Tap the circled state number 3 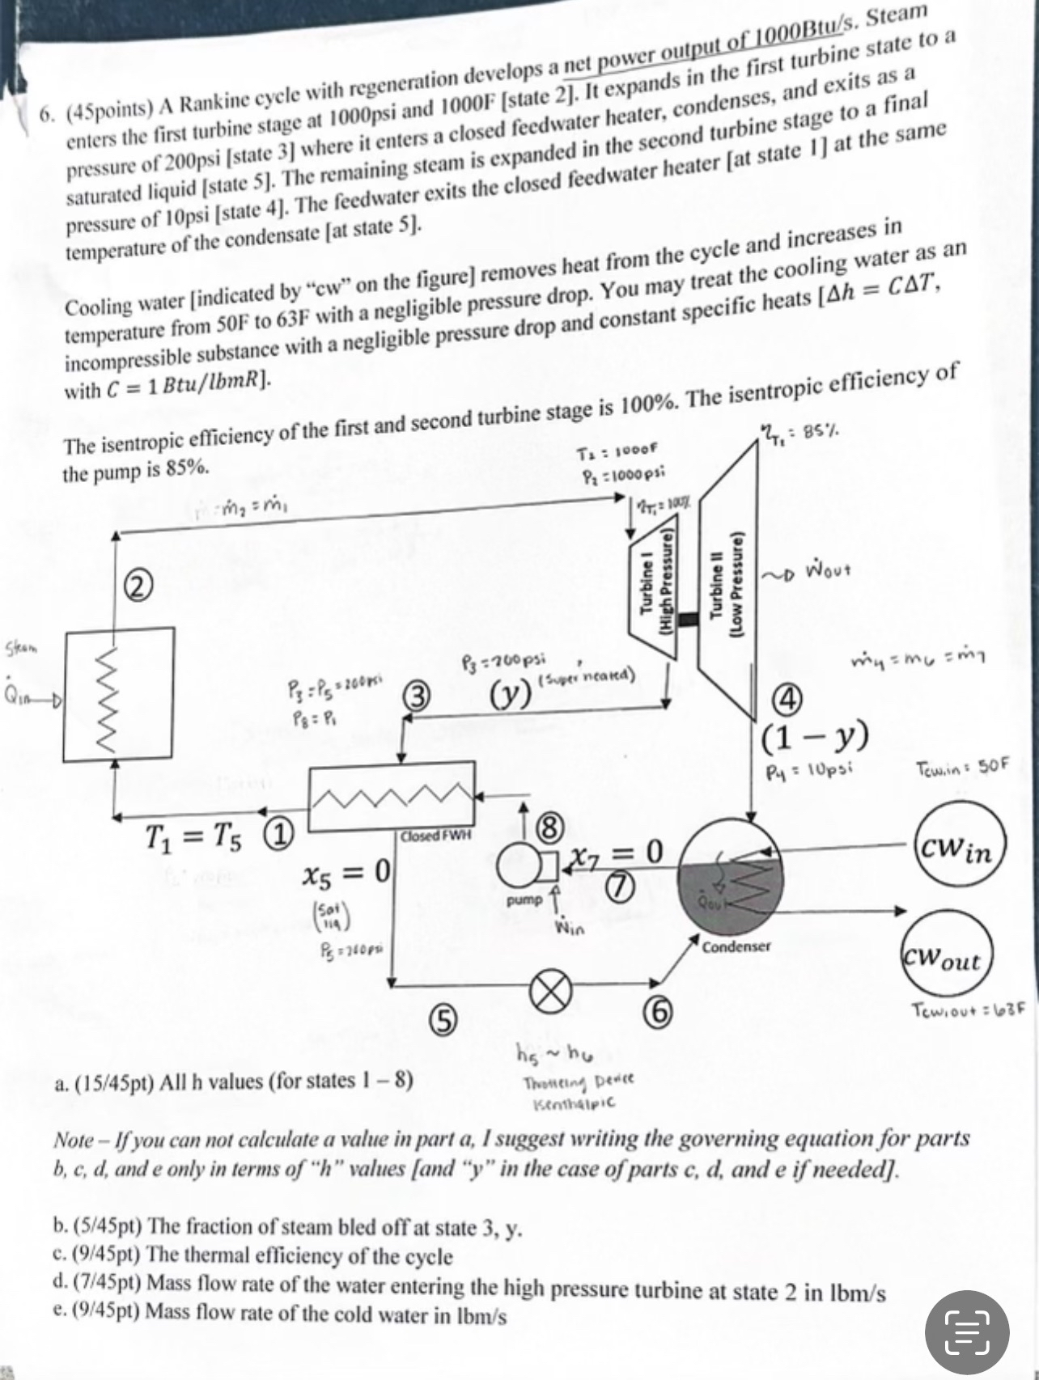coord(418,696)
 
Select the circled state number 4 coord(789,699)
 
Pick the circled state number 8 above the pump coord(549,827)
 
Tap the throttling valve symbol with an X coord(550,991)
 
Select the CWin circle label coord(961,850)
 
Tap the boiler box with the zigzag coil coord(118,694)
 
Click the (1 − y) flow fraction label coord(816,735)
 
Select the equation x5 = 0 coord(347,871)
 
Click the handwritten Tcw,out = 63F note coord(968,1010)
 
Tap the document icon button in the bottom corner coord(967,1331)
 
